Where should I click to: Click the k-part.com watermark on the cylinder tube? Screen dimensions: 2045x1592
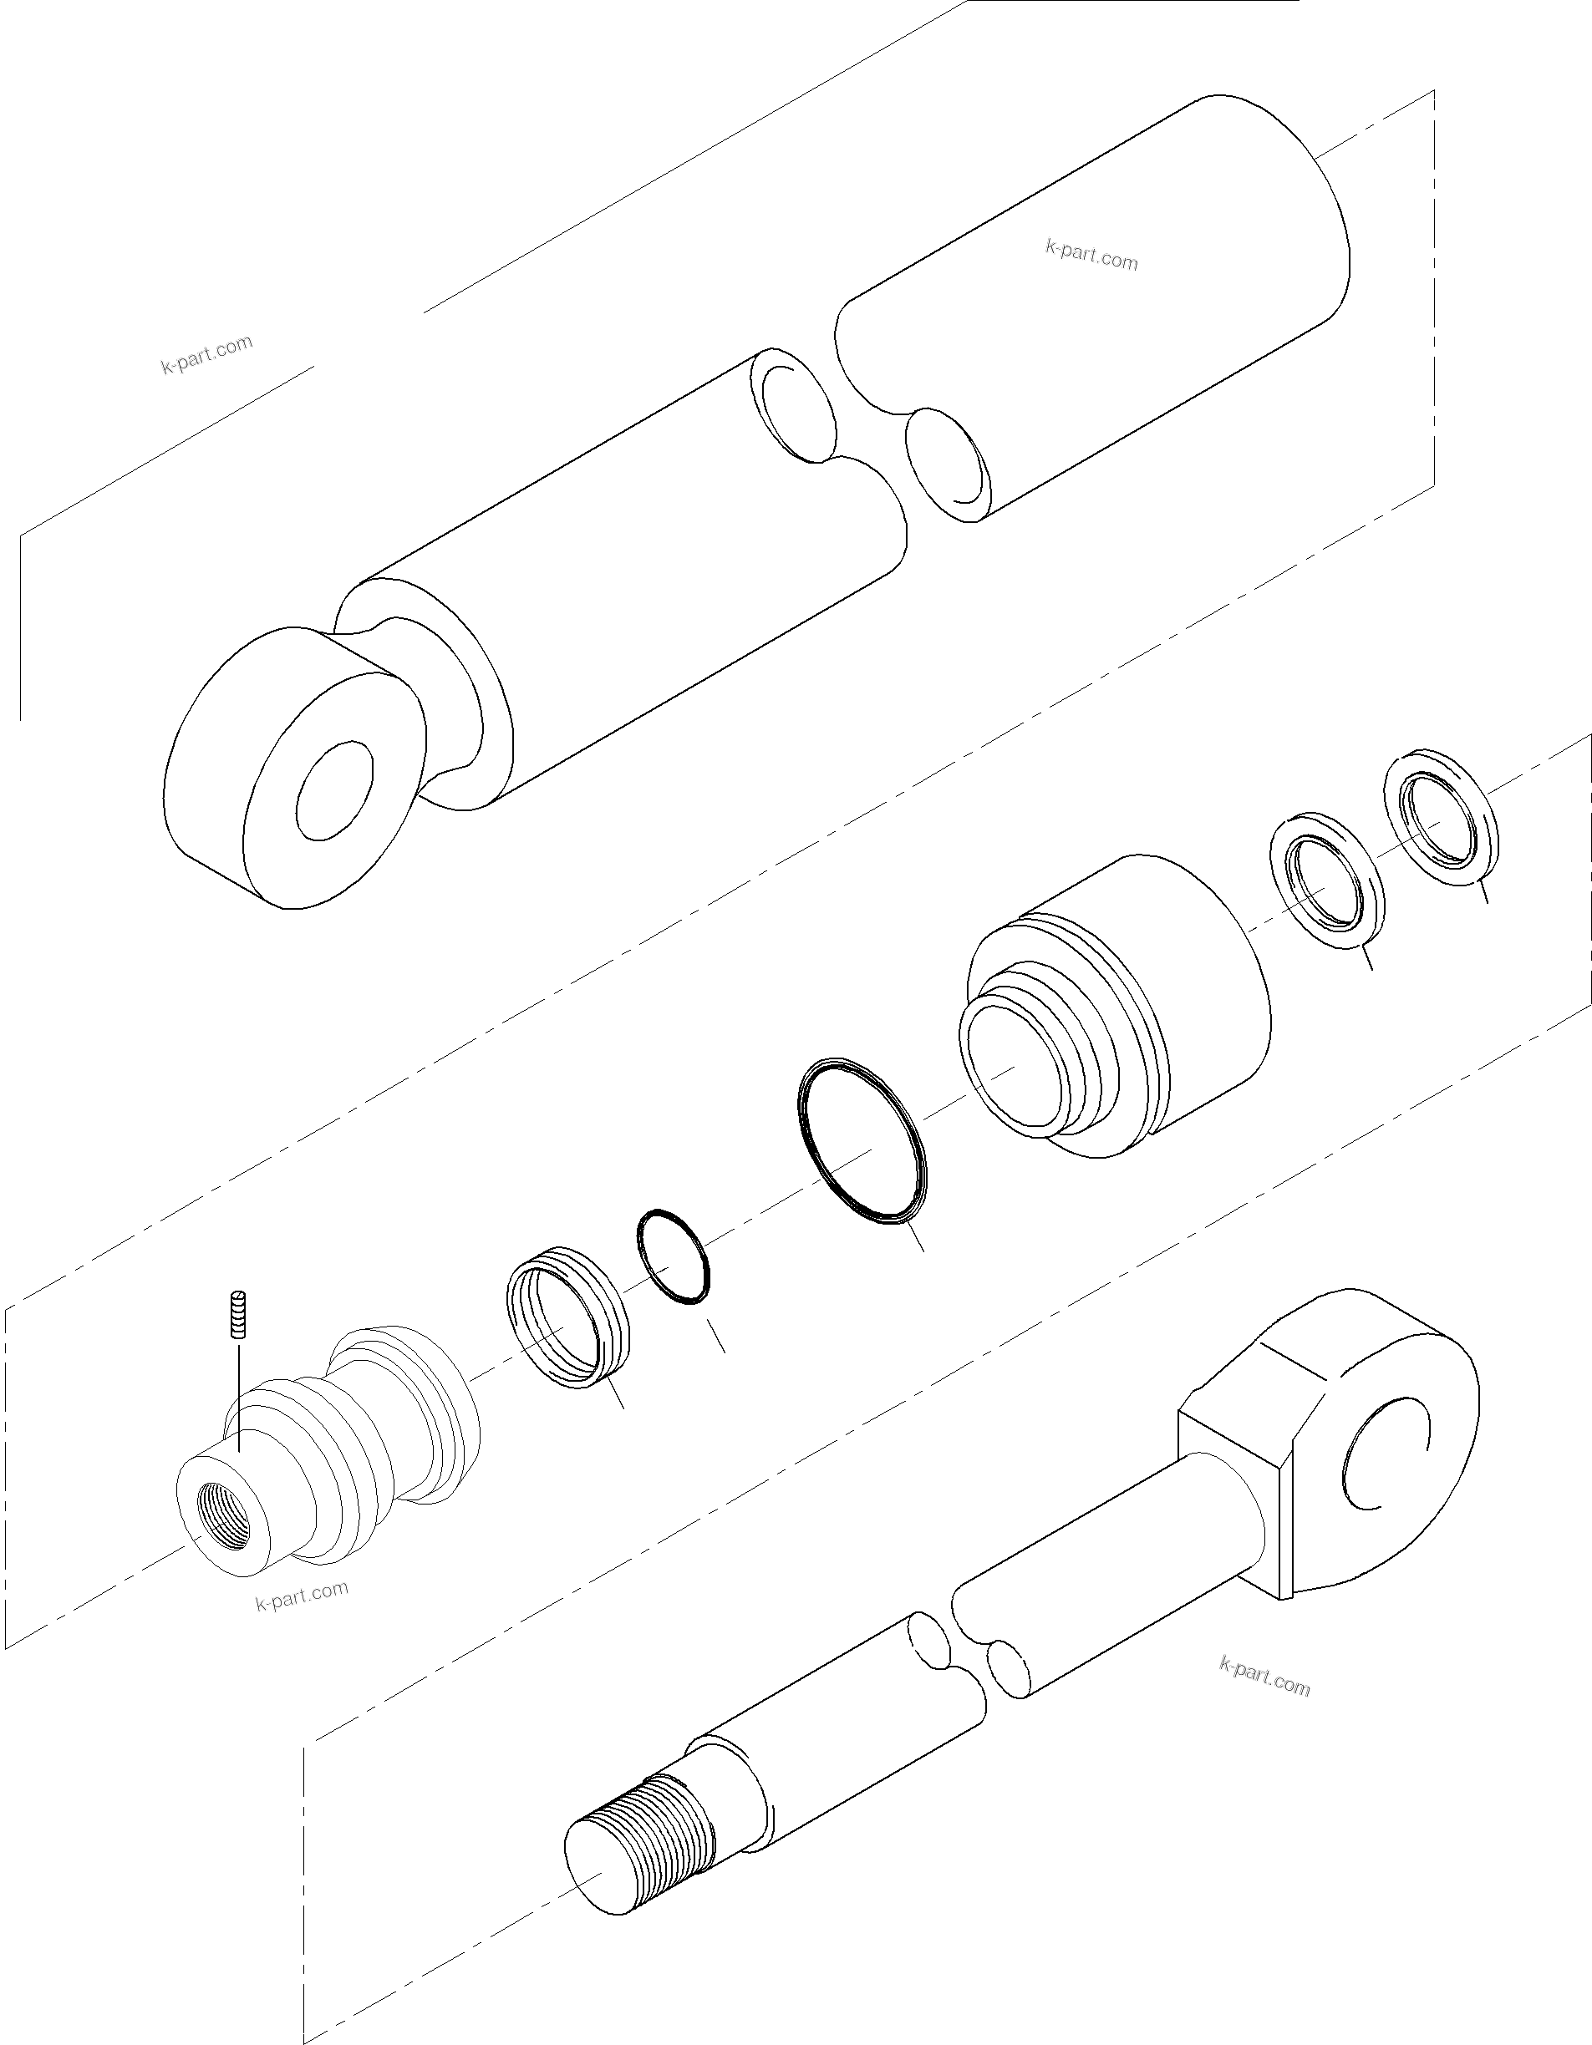pos(1091,254)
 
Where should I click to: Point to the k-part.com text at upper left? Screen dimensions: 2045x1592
pos(207,354)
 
